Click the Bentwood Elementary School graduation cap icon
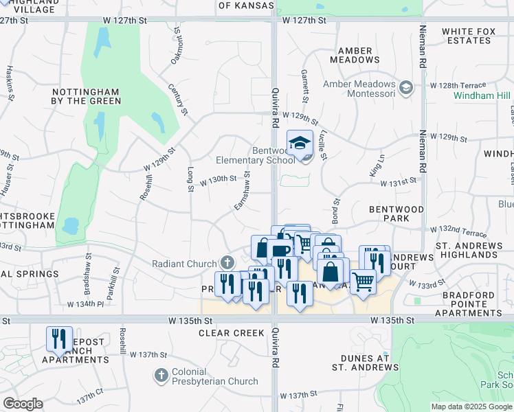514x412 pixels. (x=299, y=143)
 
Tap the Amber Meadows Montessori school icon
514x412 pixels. (x=406, y=87)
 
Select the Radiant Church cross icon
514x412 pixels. (x=227, y=262)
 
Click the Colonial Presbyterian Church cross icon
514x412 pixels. (x=161, y=376)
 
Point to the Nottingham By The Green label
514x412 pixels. (x=86, y=96)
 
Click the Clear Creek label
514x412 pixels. (x=232, y=333)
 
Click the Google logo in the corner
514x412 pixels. (x=22, y=404)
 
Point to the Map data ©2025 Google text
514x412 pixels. (x=471, y=407)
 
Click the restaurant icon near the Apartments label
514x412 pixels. (x=59, y=339)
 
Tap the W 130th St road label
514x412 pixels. (x=218, y=181)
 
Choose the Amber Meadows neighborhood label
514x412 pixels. (x=355, y=56)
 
